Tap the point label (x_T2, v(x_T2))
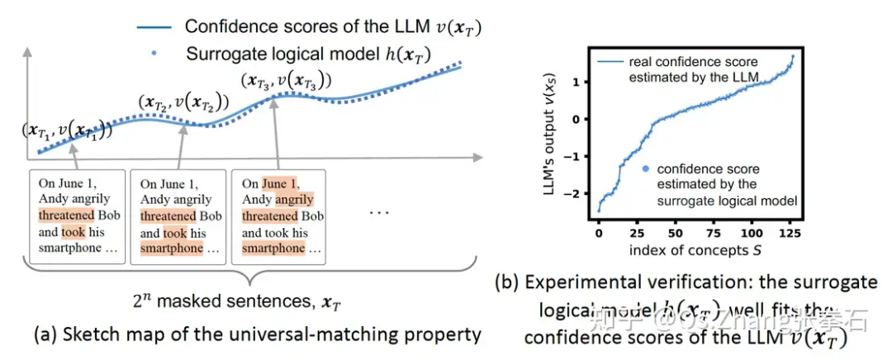pos(183,104)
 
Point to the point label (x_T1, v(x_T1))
pos(68,130)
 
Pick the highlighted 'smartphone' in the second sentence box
pos(171,247)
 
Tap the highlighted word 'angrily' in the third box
pos(295,199)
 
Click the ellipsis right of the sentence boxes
pos(380,212)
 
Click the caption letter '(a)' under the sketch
pos(46,336)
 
